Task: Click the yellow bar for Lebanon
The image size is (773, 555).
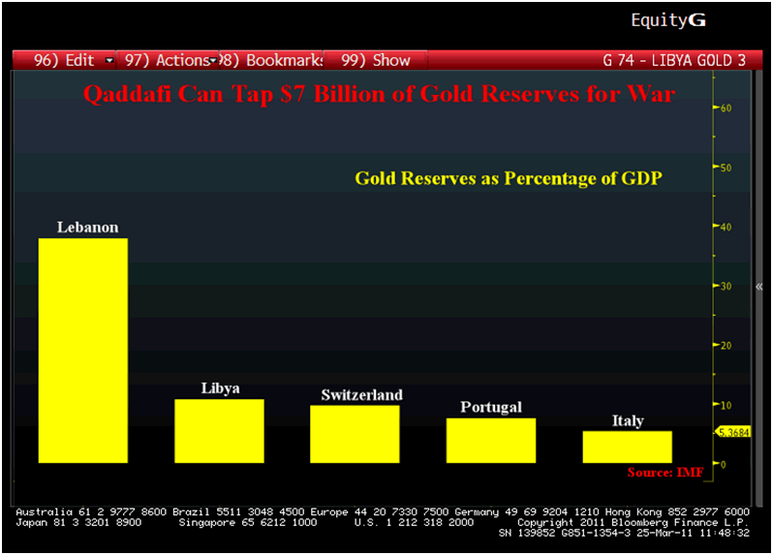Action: (82, 350)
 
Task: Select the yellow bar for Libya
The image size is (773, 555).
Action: (219, 430)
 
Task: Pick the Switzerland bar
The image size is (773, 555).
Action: (355, 433)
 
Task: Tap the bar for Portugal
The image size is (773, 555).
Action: (490, 440)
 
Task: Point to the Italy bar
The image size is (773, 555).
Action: (627, 447)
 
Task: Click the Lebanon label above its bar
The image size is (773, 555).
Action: (87, 228)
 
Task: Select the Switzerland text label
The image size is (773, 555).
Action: (361, 395)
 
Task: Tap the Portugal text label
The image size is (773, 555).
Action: (491, 407)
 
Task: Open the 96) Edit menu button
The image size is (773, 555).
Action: (68, 60)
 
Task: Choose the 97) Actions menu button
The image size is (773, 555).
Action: (167, 60)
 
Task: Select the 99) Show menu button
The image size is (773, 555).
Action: (376, 60)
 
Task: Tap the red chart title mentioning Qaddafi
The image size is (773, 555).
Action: (379, 95)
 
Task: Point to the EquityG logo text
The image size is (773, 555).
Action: (668, 19)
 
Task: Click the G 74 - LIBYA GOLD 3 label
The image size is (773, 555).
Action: (674, 60)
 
